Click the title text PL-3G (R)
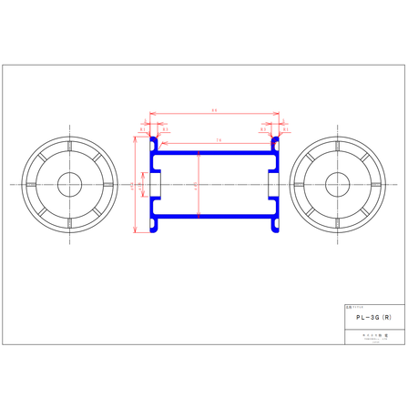coord(374,318)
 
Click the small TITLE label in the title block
coord(352,308)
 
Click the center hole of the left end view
coord(70,186)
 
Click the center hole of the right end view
coord(338,186)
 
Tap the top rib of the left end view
coord(70,148)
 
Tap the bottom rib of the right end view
coord(338,224)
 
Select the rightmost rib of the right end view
coord(376,186)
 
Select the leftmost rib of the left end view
coord(32,186)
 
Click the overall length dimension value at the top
coord(213,111)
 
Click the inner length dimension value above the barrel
coord(218,139)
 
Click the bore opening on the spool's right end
coord(274,186)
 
